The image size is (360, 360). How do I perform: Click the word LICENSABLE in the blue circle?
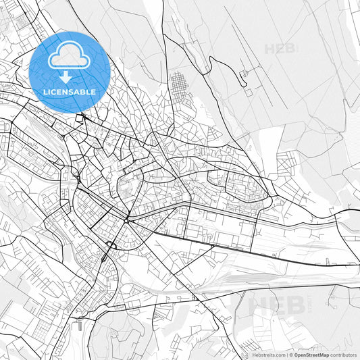[x=70, y=91]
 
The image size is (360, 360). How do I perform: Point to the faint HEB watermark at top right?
[x=280, y=49]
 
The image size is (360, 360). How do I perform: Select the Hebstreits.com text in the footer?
[x=268, y=355]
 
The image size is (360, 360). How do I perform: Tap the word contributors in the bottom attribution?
[x=343, y=355]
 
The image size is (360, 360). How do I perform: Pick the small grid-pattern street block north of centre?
[x=180, y=85]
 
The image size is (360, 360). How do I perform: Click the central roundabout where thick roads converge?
[x=126, y=220]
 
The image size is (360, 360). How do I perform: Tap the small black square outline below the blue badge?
[x=80, y=118]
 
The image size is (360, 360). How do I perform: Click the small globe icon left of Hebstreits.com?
[x=249, y=355]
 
